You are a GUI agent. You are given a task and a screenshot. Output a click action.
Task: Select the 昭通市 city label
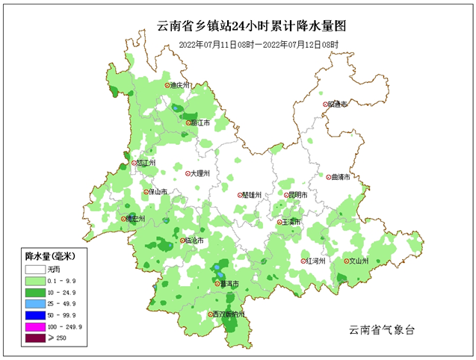point(339,105)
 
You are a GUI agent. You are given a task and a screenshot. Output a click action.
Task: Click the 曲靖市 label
point(339,177)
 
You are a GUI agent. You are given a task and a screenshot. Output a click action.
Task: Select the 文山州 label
point(360,261)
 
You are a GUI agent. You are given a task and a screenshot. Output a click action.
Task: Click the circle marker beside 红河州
point(304,261)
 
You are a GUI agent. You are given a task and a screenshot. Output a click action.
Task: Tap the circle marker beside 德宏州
point(125,219)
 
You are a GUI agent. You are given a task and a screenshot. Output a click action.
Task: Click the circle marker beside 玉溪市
point(279,222)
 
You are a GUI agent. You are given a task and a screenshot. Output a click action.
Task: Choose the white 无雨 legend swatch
point(35,268)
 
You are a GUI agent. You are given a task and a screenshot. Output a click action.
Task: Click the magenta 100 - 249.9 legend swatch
point(35,326)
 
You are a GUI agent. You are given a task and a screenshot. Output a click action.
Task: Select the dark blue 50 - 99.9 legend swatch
point(35,314)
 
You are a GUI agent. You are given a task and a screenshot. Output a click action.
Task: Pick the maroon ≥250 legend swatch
point(35,338)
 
